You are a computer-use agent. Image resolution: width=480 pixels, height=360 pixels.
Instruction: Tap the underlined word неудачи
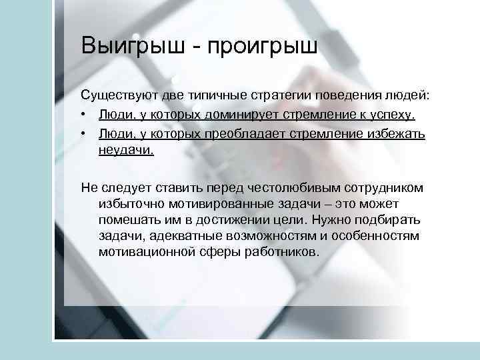tap(125, 150)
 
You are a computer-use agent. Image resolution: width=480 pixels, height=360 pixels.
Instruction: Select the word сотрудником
tap(384, 188)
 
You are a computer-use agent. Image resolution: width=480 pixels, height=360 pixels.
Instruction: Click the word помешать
tap(126, 220)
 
